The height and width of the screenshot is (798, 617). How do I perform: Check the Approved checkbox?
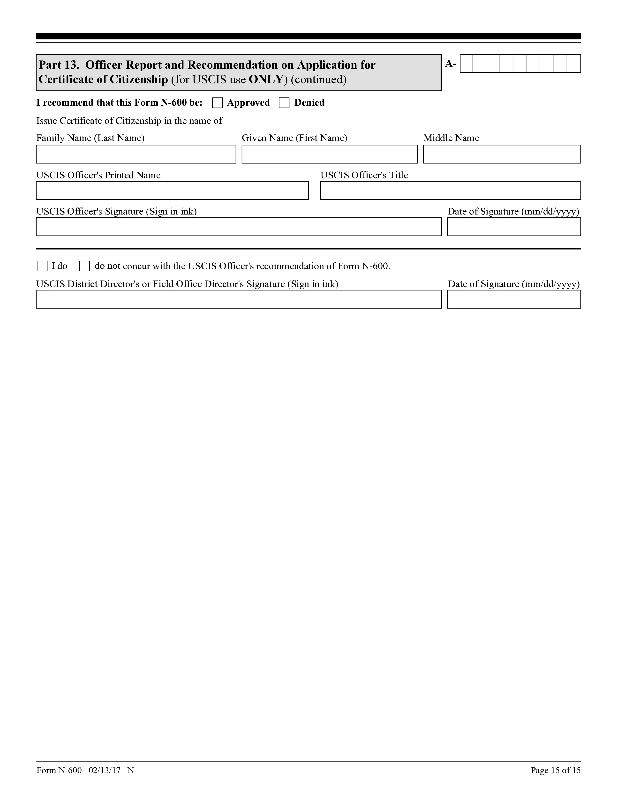tap(218, 103)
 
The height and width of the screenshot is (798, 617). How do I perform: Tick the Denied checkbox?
tap(284, 103)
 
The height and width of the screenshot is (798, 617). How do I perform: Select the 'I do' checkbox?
tap(42, 266)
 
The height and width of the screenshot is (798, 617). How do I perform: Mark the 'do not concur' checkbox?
tap(84, 266)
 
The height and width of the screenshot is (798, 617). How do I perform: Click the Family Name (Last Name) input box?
tap(136, 154)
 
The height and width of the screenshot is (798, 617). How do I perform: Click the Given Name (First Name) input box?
tap(329, 154)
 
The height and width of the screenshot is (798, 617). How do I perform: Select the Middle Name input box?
tap(502, 154)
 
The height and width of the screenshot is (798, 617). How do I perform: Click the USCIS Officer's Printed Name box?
tap(172, 190)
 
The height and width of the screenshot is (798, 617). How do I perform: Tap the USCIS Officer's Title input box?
tap(450, 190)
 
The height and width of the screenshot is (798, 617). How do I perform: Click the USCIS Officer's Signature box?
tap(239, 227)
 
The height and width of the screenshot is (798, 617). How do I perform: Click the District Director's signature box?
tap(239, 299)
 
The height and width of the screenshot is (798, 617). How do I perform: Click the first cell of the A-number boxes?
tap(467, 64)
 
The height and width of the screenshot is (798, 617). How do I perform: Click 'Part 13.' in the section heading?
tap(59, 65)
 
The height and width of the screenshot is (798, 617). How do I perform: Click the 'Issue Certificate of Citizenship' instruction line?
tap(129, 121)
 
